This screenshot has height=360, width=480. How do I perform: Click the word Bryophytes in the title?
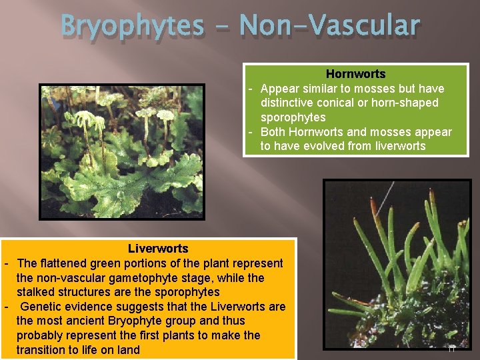[x=132, y=27]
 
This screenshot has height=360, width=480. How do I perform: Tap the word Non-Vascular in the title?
[x=329, y=27]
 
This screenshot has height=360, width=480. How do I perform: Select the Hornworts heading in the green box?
[x=355, y=74]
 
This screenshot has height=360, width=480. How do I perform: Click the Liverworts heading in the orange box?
[x=158, y=249]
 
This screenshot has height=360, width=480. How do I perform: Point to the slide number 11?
[x=451, y=348]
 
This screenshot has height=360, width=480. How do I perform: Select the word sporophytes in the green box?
[x=293, y=117]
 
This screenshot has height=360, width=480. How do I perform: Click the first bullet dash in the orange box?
[x=6, y=263]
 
